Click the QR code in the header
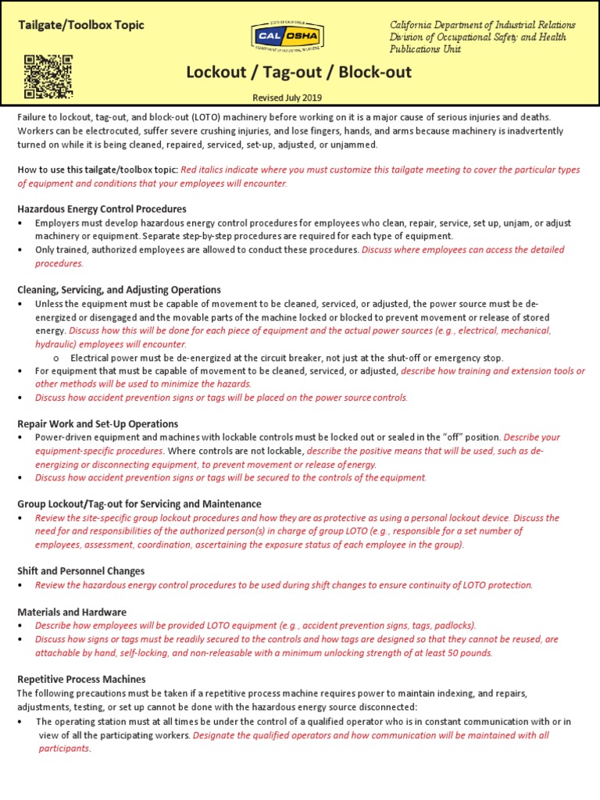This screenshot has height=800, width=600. pyautogui.click(x=48, y=77)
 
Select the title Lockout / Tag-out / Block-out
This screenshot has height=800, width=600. pyautogui.click(x=298, y=73)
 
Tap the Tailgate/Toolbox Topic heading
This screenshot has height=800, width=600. pyautogui.click(x=81, y=25)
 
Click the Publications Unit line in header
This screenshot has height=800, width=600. pyautogui.click(x=425, y=49)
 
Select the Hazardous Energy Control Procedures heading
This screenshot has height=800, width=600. pyautogui.click(x=102, y=209)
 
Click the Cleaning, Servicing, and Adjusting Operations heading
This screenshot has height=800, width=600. pyautogui.click(x=119, y=289)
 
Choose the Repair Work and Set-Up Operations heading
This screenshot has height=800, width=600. pyautogui.click(x=98, y=423)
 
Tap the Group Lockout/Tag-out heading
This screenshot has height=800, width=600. pyautogui.click(x=139, y=504)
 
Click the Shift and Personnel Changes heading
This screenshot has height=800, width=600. pyautogui.click(x=80, y=571)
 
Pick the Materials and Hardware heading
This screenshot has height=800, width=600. pyautogui.click(x=71, y=612)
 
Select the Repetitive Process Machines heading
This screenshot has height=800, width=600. pyautogui.click(x=81, y=679)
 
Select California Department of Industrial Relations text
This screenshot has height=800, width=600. pyautogui.click(x=483, y=25)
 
